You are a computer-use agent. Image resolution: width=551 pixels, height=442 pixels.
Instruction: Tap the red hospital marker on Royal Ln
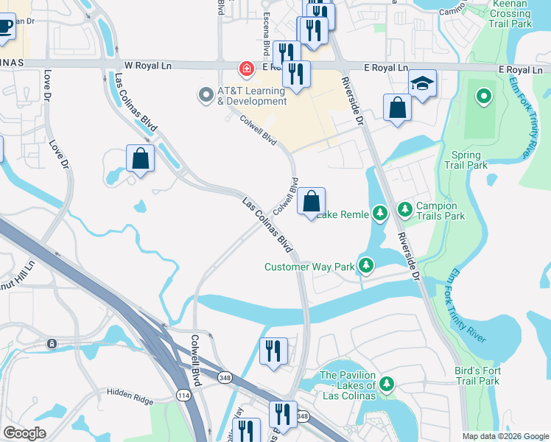(x=245, y=69)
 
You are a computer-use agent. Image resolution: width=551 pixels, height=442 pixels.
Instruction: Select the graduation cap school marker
(x=423, y=85)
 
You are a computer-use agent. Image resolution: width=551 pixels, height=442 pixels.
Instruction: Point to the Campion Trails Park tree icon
(x=405, y=211)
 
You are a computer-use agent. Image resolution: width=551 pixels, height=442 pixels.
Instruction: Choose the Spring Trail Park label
(x=466, y=161)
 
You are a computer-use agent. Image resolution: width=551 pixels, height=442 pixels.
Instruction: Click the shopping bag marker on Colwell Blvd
(x=312, y=201)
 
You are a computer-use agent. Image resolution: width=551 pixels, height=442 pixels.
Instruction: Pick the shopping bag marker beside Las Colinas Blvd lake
(x=140, y=158)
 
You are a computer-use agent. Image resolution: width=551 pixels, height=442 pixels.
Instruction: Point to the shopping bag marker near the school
(x=397, y=108)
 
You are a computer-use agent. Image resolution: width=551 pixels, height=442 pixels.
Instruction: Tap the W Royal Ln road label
(x=152, y=65)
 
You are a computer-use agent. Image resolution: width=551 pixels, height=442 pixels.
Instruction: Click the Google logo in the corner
(x=24, y=433)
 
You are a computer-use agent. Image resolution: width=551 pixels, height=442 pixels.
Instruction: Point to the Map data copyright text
(x=505, y=436)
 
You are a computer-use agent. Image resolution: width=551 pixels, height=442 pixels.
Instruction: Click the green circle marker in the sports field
(x=483, y=96)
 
